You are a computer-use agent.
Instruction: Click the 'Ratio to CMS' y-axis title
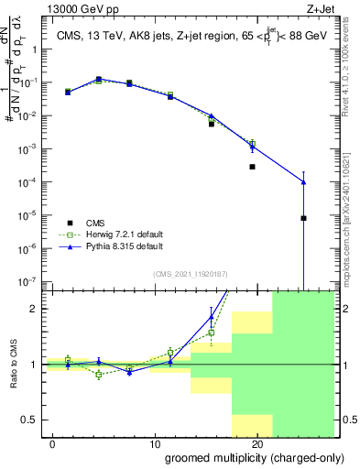(x=15, y=365)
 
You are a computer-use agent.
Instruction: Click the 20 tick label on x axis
(x=257, y=444)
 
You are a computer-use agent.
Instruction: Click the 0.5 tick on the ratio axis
(x=30, y=420)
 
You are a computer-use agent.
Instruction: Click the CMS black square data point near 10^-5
(x=303, y=218)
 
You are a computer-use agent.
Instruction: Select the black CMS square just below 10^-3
(x=252, y=167)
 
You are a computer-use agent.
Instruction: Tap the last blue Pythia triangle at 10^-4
(x=303, y=182)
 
